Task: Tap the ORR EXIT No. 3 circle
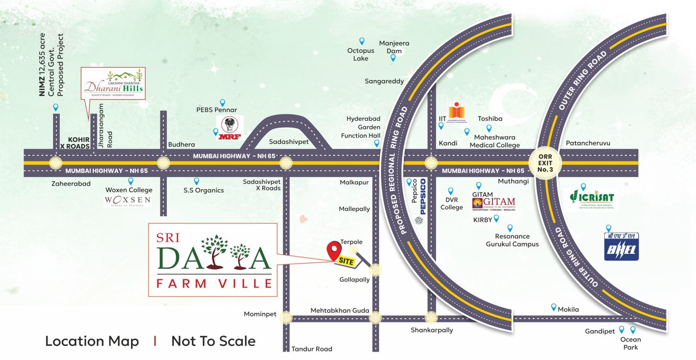pyautogui.click(x=545, y=163)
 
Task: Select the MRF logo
pyautogui.click(x=229, y=128)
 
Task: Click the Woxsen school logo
pyautogui.click(x=128, y=201)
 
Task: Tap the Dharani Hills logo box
pyautogui.click(x=114, y=83)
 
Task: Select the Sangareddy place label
pyautogui.click(x=384, y=81)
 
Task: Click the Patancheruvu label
pyautogui.click(x=588, y=143)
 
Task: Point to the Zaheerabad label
pyautogui.click(x=71, y=183)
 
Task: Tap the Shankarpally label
pyautogui.click(x=431, y=330)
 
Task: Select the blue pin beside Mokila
pyautogui.click(x=553, y=307)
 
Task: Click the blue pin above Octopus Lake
pyautogui.click(x=362, y=41)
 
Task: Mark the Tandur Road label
pyautogui.click(x=312, y=349)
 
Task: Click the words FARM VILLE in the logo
pyautogui.click(x=214, y=283)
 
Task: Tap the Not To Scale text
pyautogui.click(x=213, y=341)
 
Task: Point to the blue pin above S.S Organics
pyautogui.click(x=196, y=181)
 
